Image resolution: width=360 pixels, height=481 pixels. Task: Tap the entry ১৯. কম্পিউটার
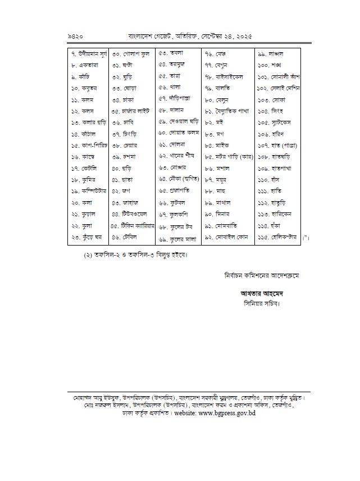point(88,191)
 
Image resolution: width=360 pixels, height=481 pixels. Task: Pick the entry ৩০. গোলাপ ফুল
point(130,54)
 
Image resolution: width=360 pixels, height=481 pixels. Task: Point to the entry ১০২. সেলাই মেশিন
point(279,88)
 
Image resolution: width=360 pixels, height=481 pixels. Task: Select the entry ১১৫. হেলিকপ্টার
point(277,237)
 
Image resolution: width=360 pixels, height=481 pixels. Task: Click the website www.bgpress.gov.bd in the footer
point(224,413)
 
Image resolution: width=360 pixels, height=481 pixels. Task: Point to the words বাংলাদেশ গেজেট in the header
point(148,36)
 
